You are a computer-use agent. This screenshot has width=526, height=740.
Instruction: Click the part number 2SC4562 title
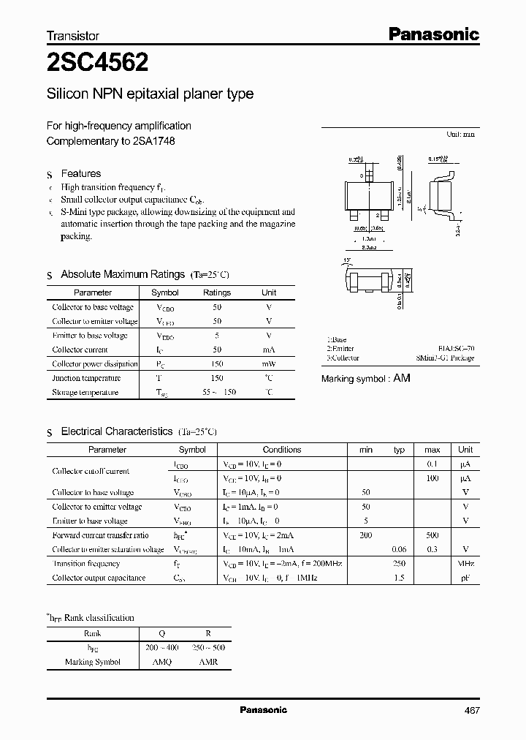point(98,64)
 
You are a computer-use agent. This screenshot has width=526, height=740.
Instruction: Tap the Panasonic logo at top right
point(432,34)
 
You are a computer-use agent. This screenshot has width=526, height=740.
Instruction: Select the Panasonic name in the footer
point(264,710)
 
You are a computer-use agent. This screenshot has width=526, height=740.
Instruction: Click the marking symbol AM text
point(401,378)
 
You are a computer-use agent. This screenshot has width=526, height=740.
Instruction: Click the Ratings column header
point(216,292)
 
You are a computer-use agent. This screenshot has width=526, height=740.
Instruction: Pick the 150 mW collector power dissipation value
point(216,364)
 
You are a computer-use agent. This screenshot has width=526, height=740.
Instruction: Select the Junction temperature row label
point(85,378)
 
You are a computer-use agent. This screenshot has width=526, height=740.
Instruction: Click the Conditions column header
point(282,450)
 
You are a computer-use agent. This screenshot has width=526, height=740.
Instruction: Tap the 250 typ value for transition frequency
point(399,564)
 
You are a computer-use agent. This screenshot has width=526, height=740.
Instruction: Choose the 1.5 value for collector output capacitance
point(399,578)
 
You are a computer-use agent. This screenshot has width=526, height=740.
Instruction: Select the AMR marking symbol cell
point(207,662)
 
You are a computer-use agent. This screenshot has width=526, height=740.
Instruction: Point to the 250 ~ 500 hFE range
point(207,648)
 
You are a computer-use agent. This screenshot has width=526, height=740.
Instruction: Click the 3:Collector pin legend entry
point(343,358)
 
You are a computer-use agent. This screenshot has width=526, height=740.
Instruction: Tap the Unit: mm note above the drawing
point(460,135)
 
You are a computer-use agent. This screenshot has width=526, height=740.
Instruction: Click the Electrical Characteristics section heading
point(117,431)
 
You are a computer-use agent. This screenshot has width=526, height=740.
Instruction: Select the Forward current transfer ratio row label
point(100,535)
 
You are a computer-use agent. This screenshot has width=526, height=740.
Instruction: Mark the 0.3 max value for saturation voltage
point(432,550)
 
